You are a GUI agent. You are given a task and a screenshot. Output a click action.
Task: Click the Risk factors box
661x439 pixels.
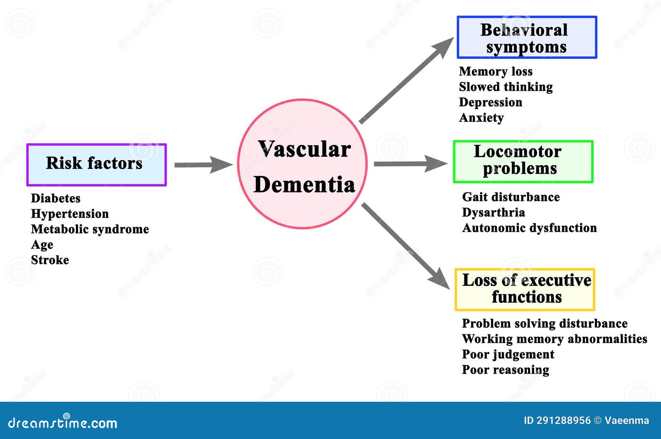coord(96,165)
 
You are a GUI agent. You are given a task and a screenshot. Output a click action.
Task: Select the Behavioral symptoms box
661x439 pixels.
coord(527,37)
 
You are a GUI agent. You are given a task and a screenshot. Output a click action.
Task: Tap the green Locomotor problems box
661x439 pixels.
coord(523,161)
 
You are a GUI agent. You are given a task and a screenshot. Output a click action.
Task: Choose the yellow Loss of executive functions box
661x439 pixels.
coord(525,289)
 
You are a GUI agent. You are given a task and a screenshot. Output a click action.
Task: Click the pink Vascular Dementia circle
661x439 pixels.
coord(302,163)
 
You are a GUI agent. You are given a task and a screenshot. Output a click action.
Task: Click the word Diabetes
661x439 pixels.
coord(55,198)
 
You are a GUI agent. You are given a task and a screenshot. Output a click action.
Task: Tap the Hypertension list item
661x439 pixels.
coord(69,214)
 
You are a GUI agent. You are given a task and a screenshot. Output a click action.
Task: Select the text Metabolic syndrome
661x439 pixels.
coord(90,229)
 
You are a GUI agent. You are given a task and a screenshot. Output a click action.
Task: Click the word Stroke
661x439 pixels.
coord(50,260)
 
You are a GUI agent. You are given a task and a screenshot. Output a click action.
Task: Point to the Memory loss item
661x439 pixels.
coord(495,72)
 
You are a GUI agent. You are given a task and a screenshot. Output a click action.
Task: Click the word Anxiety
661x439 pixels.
coord(481,118)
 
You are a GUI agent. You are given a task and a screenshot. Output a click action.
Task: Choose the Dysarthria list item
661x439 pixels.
coord(493,213)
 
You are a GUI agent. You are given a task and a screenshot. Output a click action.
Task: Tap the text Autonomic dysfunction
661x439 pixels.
coord(529,228)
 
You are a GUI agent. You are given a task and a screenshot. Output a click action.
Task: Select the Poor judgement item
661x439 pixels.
coord(508,355)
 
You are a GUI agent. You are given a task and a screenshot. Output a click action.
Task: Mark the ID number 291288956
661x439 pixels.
coord(563,421)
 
